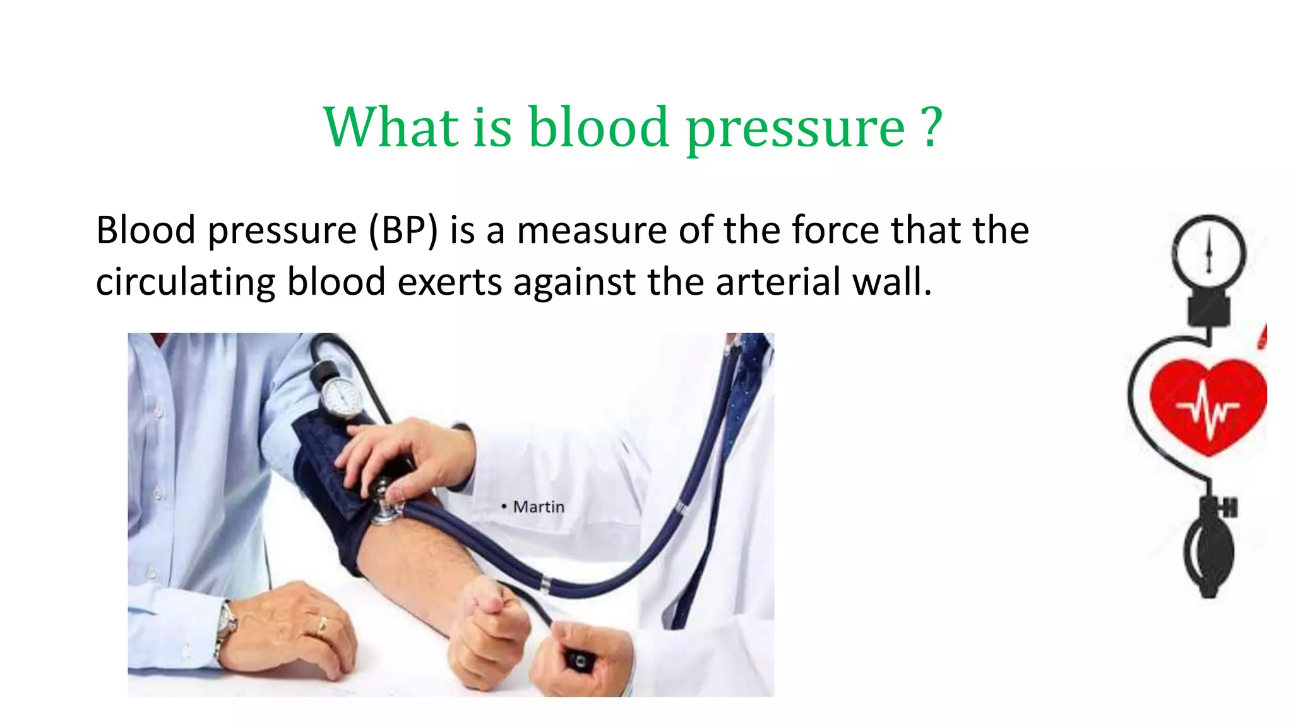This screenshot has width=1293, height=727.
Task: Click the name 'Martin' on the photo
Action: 539,507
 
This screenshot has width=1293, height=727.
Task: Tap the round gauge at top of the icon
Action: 1208,252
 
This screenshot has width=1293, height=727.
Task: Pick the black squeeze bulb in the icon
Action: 1208,555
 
